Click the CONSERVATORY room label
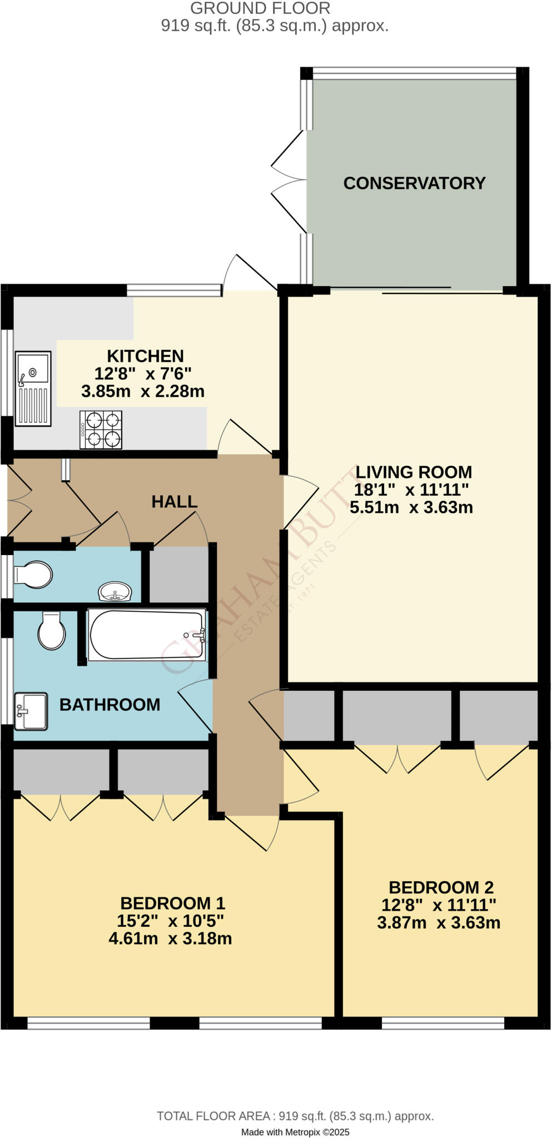coord(414,183)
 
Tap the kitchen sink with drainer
coord(33,388)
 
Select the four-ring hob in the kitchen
coord(101,430)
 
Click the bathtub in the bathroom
coord(147,635)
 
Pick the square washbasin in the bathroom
coord(31,711)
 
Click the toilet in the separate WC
coord(33,575)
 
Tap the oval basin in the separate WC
coord(115,591)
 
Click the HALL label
coord(175,502)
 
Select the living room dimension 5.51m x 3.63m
coord(411,507)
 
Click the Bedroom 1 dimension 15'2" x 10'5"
coord(170,921)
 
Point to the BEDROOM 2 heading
coord(441,887)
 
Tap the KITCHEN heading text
coord(145,356)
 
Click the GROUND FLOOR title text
coord(260,8)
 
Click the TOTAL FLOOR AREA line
coord(295,1116)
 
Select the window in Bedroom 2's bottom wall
coord(442,1023)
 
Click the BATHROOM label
coord(110,705)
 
